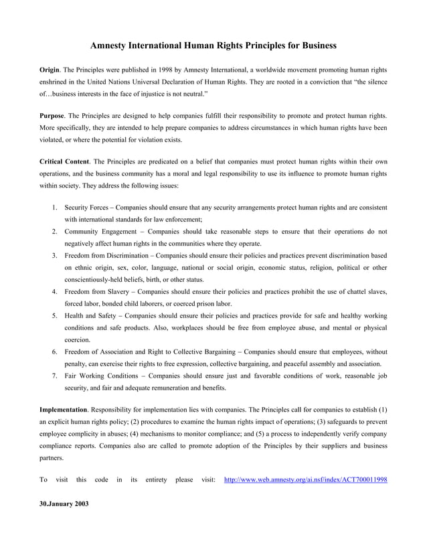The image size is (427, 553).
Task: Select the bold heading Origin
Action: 51,70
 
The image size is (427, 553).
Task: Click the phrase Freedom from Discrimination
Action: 107,256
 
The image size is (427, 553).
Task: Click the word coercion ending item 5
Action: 81,339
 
